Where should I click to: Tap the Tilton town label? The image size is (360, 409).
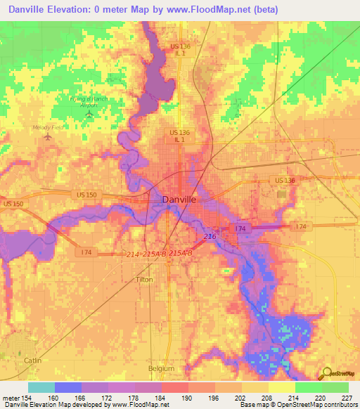click(143, 279)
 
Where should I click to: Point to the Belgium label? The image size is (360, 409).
click(161, 368)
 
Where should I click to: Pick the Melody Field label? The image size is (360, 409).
click(48, 128)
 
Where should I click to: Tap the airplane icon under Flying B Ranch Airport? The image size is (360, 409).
click(89, 113)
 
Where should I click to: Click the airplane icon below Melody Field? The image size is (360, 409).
click(48, 136)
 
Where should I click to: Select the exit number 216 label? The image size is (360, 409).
click(210, 238)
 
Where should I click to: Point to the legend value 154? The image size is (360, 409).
click(27, 397)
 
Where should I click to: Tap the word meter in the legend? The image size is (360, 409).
click(11, 397)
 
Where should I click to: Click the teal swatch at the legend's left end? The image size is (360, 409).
click(41, 387)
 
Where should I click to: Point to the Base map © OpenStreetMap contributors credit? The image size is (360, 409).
click(297, 405)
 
